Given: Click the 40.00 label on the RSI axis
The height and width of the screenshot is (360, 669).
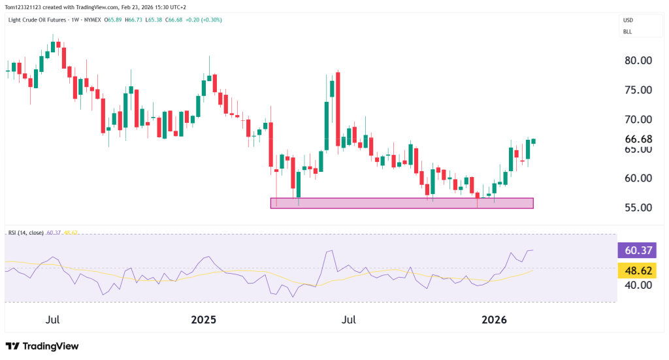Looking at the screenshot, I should point(636,285).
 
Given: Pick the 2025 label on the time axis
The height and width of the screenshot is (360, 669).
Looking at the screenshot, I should point(203,320).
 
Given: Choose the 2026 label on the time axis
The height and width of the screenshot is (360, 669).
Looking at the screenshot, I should point(494,320).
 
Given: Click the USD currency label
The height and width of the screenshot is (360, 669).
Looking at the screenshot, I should point(628,20).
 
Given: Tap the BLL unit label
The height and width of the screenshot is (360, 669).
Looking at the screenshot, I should point(627,31).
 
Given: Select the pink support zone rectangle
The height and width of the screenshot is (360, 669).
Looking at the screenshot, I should point(402,203).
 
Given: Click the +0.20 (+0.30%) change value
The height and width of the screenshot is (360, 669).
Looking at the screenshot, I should point(203,20).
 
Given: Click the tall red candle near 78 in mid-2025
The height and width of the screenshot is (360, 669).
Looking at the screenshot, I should point(338,108).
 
